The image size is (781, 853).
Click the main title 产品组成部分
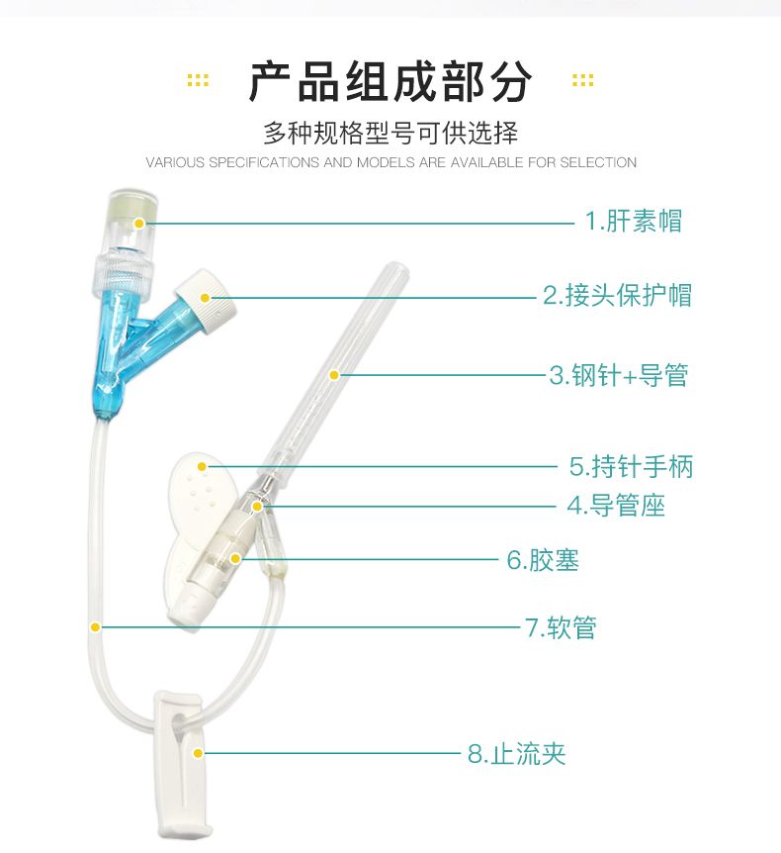[390, 81]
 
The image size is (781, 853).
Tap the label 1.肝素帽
[633, 222]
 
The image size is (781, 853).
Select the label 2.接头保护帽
[618, 296]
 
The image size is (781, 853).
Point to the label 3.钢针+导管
[619, 375]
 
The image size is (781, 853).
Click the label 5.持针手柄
[631, 467]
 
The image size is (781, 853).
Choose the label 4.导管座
[616, 506]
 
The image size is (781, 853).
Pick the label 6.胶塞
[543, 560]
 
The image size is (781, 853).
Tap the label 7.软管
[561, 627]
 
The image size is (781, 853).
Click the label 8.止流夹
[516, 754]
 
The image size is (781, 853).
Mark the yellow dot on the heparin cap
[139, 223]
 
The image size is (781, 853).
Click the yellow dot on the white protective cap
[205, 298]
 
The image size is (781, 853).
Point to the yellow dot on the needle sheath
[334, 375]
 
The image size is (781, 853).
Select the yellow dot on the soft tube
[95, 627]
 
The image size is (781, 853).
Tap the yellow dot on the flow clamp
[198, 753]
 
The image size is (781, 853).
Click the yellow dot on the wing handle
[202, 467]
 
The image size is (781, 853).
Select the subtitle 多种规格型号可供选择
[390, 134]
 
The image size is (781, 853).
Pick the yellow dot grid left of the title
[198, 80]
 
